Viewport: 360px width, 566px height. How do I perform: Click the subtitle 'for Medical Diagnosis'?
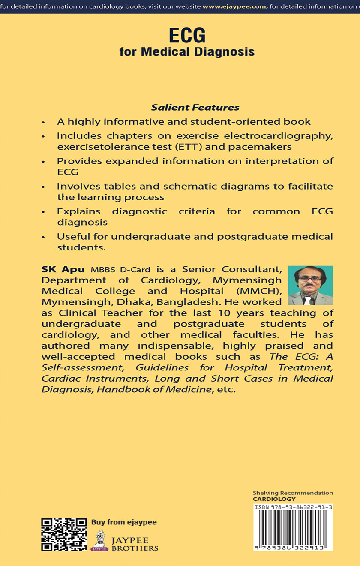tap(187, 52)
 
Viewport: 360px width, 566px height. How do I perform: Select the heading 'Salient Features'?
tap(195, 108)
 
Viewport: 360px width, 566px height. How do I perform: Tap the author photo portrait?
tap(310, 285)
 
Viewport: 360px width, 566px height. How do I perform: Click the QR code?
tap(64, 534)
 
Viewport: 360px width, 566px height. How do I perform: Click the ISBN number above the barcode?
tap(293, 507)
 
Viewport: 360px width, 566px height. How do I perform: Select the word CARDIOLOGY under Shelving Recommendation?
tap(274, 499)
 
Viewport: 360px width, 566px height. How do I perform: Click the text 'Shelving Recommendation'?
tap(293, 493)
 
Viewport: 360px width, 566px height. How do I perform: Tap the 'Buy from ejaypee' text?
tap(124, 522)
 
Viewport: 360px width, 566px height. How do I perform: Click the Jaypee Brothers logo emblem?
tap(100, 540)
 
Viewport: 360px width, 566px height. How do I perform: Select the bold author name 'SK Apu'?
tap(63, 270)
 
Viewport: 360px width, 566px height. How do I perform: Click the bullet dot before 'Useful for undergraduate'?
tap(43, 238)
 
